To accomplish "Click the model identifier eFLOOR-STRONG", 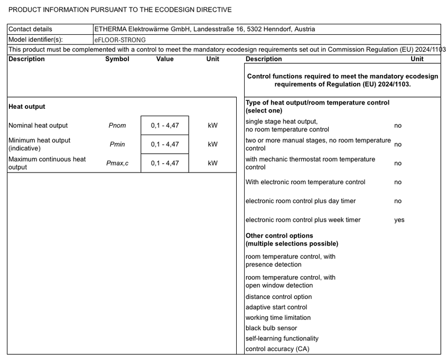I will click(x=120, y=40).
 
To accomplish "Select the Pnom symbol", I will click(x=117, y=126).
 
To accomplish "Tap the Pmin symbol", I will click(x=117, y=144).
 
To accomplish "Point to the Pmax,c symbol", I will click(x=117, y=163).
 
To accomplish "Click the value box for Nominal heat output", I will click(x=164, y=126).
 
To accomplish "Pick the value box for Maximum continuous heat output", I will click(x=164, y=163).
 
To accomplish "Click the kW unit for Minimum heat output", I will click(x=212, y=144).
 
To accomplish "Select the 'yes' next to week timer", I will click(x=399, y=220).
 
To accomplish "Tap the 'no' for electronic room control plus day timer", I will click(x=398, y=201).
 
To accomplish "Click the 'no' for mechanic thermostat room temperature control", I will click(x=398, y=163).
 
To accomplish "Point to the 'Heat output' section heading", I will click(x=27, y=107).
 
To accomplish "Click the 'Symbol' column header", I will click(x=117, y=59).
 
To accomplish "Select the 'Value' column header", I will click(x=165, y=59).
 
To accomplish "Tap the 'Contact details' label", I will click(x=30, y=29).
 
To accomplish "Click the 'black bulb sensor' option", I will click(x=271, y=328).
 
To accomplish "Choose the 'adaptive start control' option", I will click(x=276, y=307).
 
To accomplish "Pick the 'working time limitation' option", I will click(x=278, y=318).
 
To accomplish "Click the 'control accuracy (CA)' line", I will click(x=277, y=349).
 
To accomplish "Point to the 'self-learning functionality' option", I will click(x=282, y=338).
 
